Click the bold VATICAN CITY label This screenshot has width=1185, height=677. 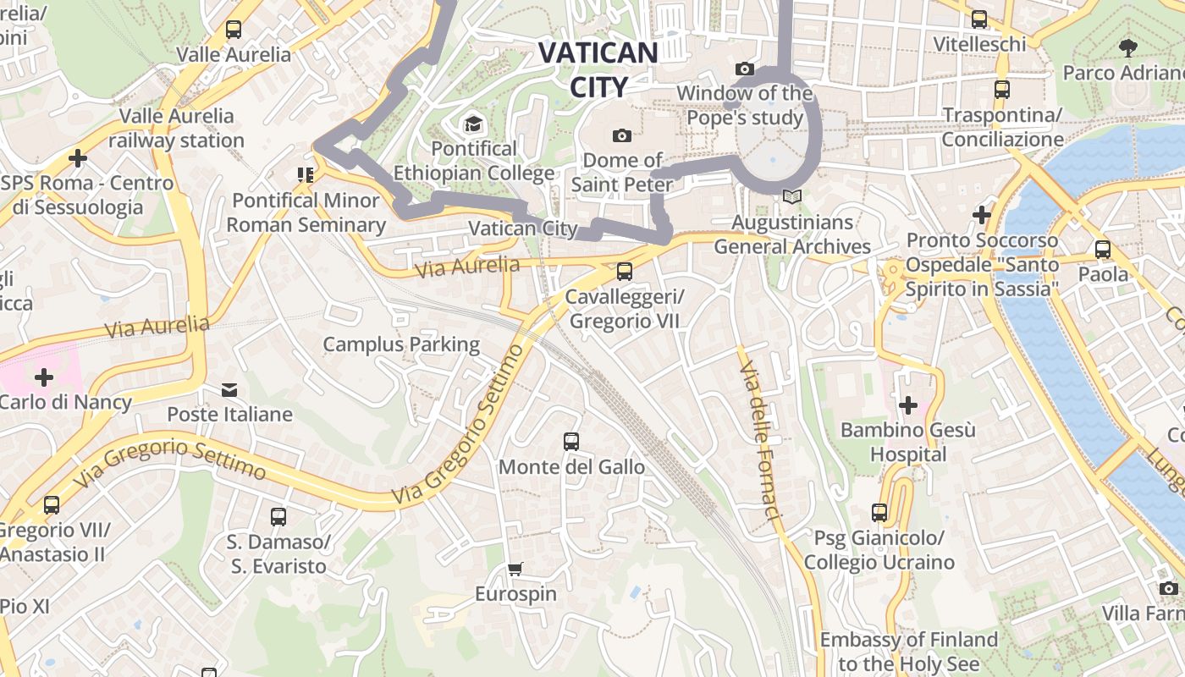(598, 69)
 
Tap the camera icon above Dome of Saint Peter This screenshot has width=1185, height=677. (622, 135)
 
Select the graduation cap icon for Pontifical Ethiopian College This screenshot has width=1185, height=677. (473, 125)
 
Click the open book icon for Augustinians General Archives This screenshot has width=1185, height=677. (791, 196)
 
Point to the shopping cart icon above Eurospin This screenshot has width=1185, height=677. (515, 569)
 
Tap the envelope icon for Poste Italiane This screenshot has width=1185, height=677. (229, 389)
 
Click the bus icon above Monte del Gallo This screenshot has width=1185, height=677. (571, 442)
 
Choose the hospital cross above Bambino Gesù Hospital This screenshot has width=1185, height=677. (908, 405)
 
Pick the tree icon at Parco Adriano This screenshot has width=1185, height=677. (1127, 47)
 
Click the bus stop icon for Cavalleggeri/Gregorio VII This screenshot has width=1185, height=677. (625, 272)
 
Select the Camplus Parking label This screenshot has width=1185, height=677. (401, 344)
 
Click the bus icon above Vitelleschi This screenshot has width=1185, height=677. (979, 19)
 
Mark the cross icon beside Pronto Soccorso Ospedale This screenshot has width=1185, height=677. (982, 215)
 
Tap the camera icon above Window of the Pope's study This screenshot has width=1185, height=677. (745, 69)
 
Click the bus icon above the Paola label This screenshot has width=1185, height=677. (1103, 250)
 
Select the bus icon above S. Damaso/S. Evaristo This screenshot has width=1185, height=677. (278, 516)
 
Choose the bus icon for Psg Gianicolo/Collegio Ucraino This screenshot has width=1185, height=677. (879, 513)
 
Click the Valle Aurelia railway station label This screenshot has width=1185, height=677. (176, 128)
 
